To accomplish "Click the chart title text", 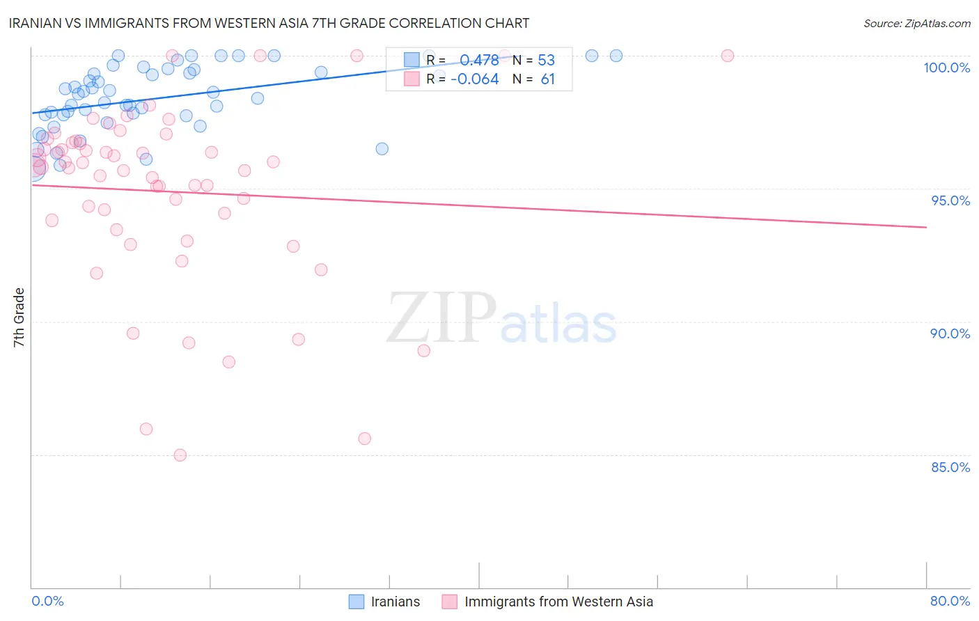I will tap(269, 24).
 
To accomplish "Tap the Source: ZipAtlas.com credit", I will tap(916, 24).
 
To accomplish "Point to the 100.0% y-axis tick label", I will tap(946, 68).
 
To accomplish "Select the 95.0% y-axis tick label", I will tap(950, 201).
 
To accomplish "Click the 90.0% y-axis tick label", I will tap(950, 333).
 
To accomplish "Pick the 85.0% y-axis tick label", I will tap(950, 467).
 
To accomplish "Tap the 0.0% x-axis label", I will tap(47, 601).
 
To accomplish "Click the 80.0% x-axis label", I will tap(950, 601).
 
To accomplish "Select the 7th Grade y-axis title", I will tap(19, 317).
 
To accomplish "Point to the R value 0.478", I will tap(479, 60).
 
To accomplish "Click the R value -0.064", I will tap(475, 79).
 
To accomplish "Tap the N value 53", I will tap(547, 60).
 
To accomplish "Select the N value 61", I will tap(548, 79).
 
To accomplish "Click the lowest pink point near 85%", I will tap(180, 455).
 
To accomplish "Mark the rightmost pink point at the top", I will tap(728, 56).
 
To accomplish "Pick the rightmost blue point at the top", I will tap(616, 56).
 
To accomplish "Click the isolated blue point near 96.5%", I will tap(382, 149).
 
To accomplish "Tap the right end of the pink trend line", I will tap(926, 227).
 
